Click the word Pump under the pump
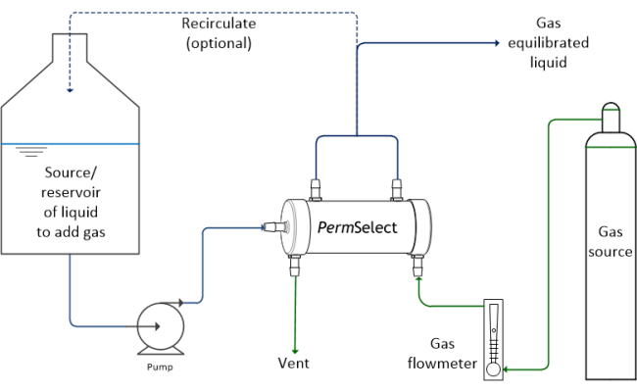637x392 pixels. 158,367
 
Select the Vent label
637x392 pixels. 294,363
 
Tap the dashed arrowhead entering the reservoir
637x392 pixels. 70,92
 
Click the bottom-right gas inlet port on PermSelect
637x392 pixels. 417,264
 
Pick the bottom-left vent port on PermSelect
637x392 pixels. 294,264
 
